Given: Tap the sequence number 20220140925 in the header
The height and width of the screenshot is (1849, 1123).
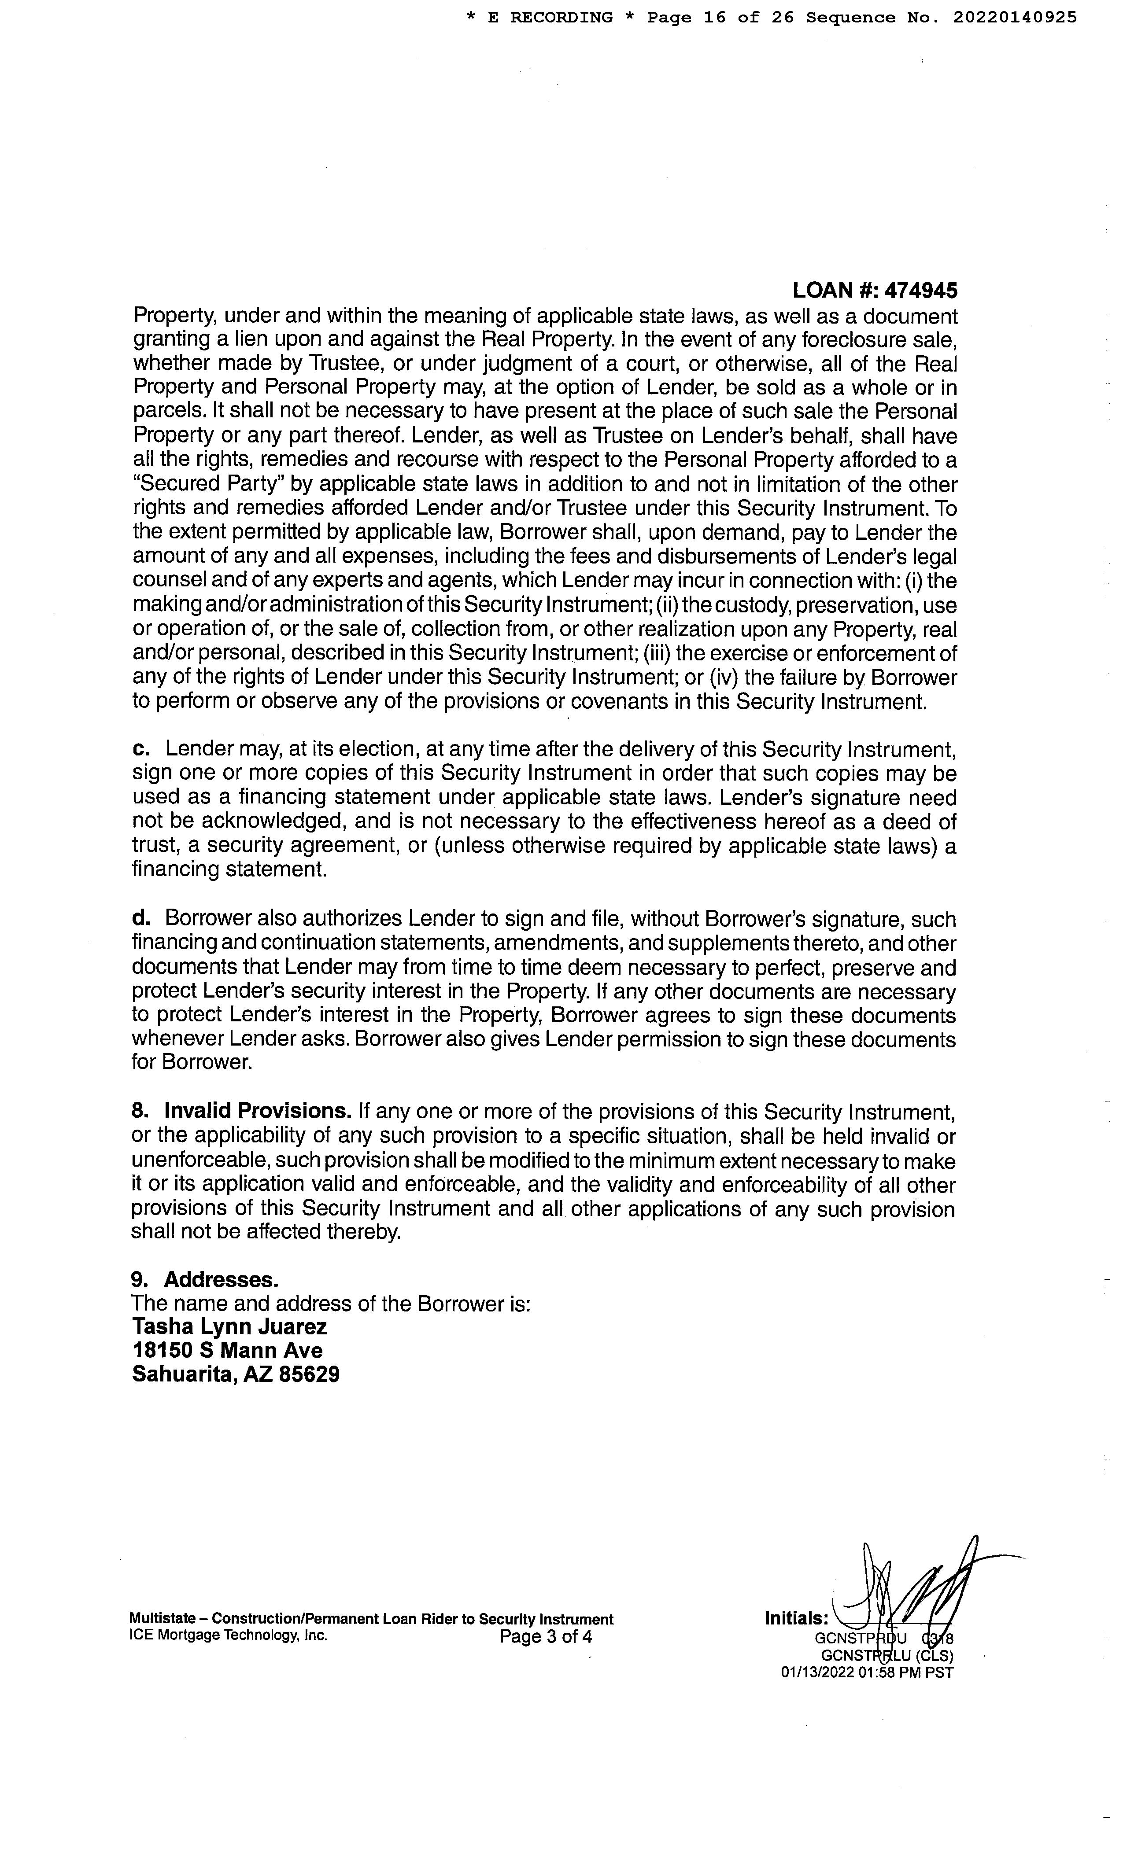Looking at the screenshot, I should [x=1015, y=17].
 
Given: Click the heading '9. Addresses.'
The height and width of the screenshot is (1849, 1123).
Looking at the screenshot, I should [x=205, y=1279].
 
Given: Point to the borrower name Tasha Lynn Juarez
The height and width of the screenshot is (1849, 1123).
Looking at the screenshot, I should [x=230, y=1327].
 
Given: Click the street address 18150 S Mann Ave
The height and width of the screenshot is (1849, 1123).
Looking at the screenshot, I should [x=227, y=1351].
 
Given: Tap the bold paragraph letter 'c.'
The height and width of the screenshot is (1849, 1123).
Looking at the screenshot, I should [x=142, y=749].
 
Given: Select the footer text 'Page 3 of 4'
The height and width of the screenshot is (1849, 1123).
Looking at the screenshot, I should [x=546, y=1636].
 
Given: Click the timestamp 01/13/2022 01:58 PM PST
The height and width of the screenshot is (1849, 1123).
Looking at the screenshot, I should [x=867, y=1672].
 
